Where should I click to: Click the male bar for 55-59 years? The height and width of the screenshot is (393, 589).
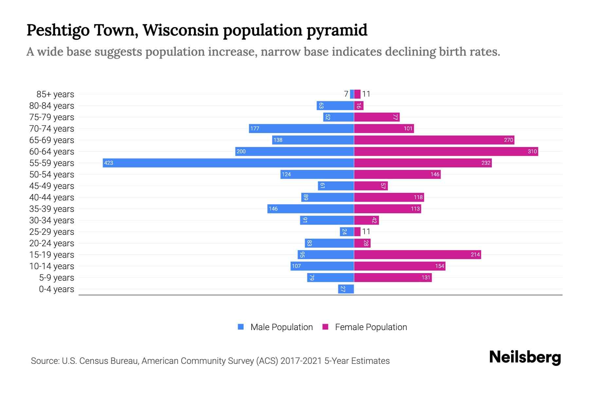click(x=228, y=163)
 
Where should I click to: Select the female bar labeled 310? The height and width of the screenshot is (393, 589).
click(x=446, y=151)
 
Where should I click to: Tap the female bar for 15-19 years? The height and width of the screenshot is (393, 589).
click(x=417, y=254)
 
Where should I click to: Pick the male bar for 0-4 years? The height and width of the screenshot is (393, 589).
click(x=346, y=289)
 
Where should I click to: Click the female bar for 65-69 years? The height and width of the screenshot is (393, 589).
click(x=434, y=140)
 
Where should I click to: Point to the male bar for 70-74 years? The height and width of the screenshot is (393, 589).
click(x=301, y=128)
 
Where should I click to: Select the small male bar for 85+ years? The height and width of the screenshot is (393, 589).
click(x=352, y=94)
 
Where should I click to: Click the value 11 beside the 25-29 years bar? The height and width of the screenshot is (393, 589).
click(x=366, y=232)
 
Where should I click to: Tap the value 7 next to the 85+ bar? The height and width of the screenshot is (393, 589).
click(x=346, y=94)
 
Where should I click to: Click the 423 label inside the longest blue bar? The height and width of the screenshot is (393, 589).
click(x=109, y=163)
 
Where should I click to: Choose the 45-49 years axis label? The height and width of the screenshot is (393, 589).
click(x=52, y=186)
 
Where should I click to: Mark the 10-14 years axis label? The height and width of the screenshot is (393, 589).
click(x=52, y=266)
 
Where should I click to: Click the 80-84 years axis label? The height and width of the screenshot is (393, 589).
click(x=52, y=105)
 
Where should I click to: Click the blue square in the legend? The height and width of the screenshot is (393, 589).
click(x=241, y=327)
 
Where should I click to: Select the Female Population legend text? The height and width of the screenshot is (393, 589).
click(x=371, y=327)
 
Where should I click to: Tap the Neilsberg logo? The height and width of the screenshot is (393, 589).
click(x=525, y=357)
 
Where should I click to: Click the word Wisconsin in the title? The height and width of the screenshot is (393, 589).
click(x=181, y=30)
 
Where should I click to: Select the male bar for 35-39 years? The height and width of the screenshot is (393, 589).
click(x=311, y=209)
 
